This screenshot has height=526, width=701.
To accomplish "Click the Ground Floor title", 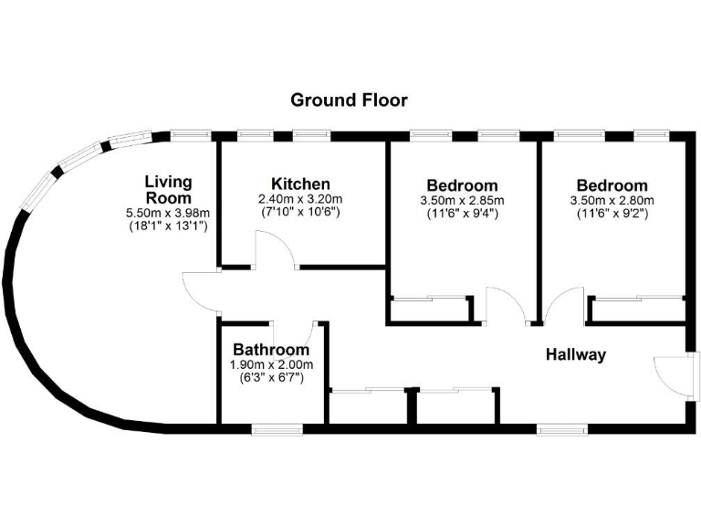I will click(x=349, y=100).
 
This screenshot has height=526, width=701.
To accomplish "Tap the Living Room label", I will click(x=168, y=189).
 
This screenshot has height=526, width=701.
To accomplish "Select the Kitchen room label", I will click(x=300, y=184).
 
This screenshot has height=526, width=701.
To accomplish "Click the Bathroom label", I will click(x=271, y=350).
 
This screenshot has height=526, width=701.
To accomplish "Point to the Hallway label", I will click(x=575, y=355).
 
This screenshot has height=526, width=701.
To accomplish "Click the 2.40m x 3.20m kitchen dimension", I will click(x=300, y=199).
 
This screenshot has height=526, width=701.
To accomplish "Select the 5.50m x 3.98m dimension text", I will click(x=168, y=214).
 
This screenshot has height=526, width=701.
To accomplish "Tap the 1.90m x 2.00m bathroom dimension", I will click(x=271, y=364).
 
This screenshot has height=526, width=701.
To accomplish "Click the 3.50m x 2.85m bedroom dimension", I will click(x=462, y=201).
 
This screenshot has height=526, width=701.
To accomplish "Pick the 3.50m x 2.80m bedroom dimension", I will click(x=612, y=201).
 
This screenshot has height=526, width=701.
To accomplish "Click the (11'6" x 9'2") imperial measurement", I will click(x=612, y=215).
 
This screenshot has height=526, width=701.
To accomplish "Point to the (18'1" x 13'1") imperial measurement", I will click(x=168, y=226).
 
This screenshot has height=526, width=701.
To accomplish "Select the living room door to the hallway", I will click(x=199, y=292).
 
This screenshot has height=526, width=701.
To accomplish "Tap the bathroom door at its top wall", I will click(x=299, y=333).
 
